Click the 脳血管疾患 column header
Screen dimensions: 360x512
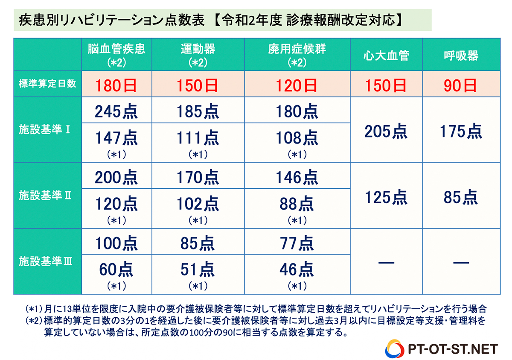coord(116,54)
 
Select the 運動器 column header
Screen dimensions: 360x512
coord(198,54)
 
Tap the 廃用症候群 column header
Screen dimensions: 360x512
coord(297,54)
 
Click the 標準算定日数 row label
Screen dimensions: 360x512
coord(47,84)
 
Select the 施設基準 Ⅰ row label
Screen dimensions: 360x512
coord(47,129)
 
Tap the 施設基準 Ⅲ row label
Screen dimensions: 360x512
coord(47,261)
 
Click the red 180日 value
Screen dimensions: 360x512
coord(116,85)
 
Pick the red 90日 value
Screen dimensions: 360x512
coord(461,85)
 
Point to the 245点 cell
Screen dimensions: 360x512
coord(116,111)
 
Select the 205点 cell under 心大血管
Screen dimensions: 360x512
coord(386,132)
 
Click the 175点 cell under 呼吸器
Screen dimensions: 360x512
coord(461,132)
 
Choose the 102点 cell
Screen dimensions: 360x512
coord(198,204)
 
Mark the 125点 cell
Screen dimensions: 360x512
coord(386,197)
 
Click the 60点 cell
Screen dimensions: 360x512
coord(116,269)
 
